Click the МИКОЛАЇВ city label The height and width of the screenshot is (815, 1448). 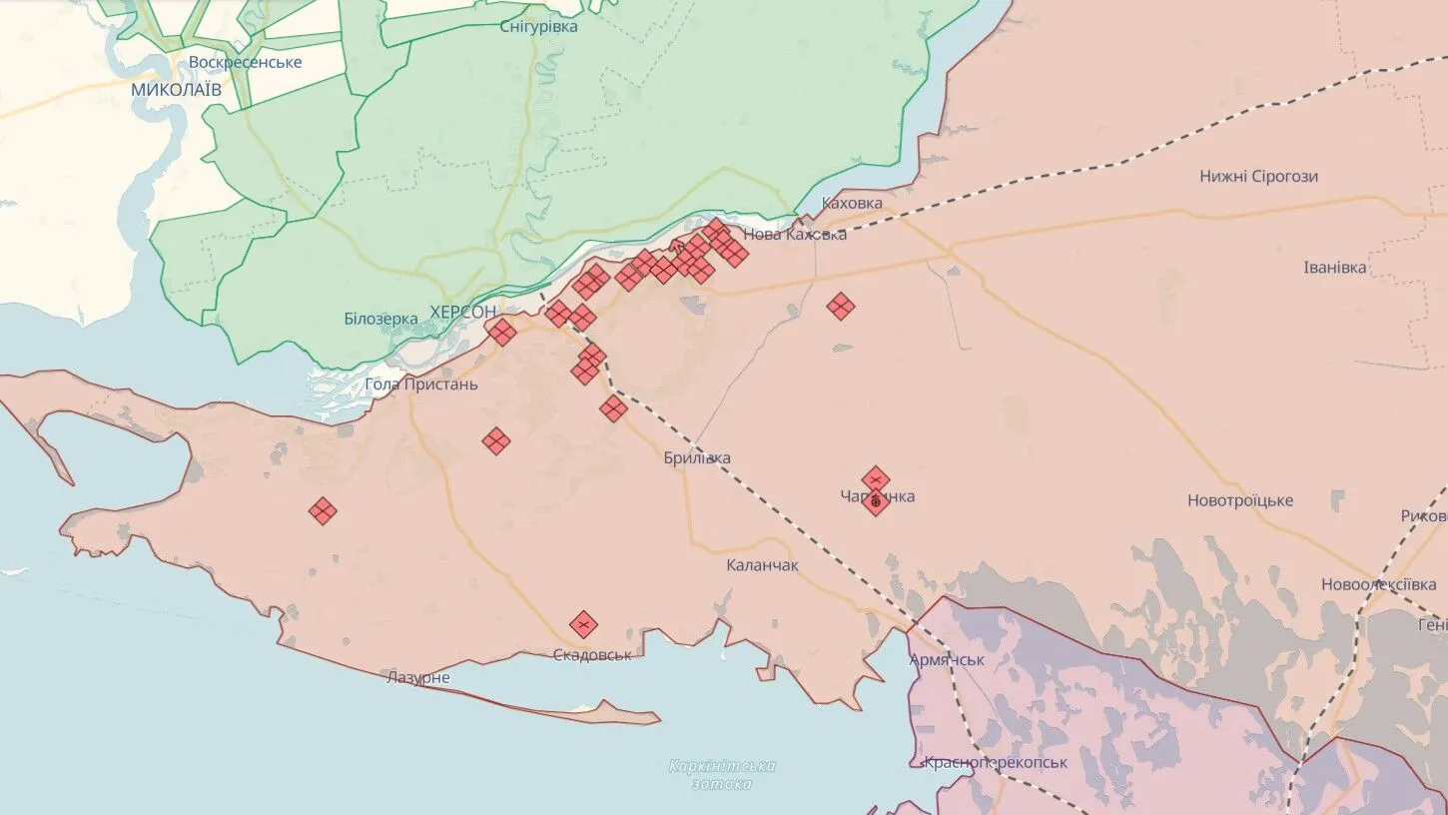pos(176,90)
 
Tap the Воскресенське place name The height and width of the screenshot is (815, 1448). pos(245,62)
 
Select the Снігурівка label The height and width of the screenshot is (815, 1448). pos(538,27)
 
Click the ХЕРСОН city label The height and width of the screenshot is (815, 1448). pos(462,312)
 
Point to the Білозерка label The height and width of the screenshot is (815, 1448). pos(380,319)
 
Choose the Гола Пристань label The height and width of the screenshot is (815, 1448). pos(421,385)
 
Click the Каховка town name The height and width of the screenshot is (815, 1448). pos(852,203)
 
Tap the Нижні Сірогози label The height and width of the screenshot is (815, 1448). pos(1258,177)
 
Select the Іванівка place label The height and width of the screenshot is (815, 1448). pos(1334,268)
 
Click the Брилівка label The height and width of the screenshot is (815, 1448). pos(697,458)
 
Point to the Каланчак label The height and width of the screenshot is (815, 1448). pos(762,565)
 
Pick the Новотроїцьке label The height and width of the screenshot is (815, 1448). pos(1239,500)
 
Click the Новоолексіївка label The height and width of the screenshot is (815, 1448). pos(1378,584)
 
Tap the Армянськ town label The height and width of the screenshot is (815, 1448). pos(946,660)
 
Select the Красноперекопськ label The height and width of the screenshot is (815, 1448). pos(995,762)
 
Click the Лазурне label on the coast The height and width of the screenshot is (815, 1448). pos(417,678)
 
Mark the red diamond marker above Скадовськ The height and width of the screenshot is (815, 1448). pos(583,625)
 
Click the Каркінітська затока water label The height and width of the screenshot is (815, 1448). pos(722,775)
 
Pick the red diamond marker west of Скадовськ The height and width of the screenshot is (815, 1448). pos(322,511)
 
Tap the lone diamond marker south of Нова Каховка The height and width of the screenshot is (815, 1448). pos(841,307)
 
